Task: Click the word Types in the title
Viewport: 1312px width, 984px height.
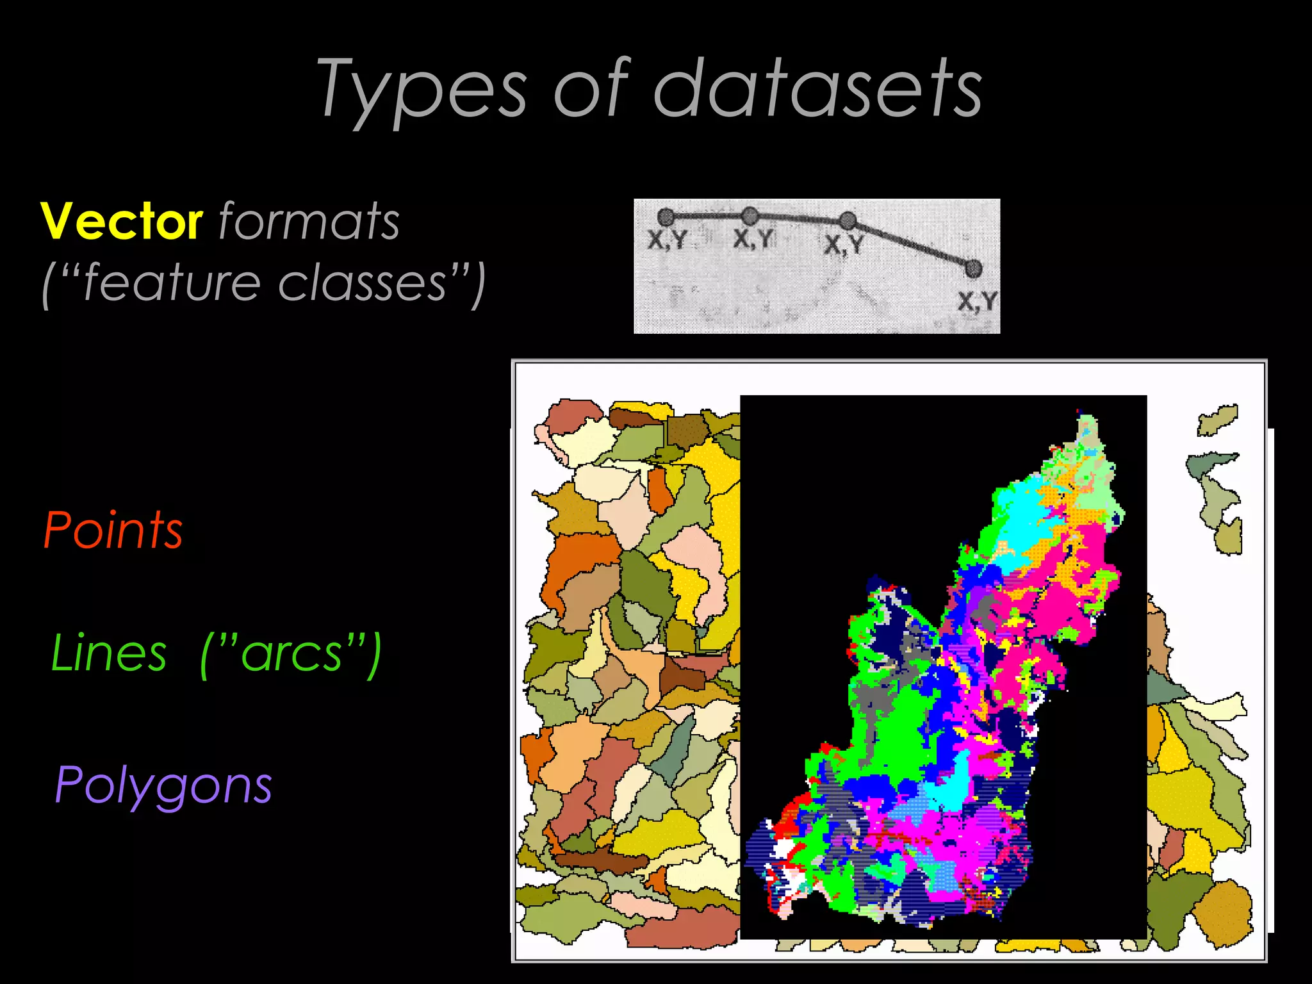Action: coord(423,90)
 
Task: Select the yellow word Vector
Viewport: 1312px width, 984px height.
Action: coord(122,221)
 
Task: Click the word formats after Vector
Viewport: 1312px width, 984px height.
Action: coord(309,221)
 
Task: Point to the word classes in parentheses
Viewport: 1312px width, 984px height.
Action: coord(362,283)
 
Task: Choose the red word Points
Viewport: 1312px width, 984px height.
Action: coord(113,530)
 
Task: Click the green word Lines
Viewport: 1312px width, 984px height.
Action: coord(109,653)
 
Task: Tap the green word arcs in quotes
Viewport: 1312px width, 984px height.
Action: coord(291,653)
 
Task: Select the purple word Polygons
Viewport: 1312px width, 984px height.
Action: coord(164,785)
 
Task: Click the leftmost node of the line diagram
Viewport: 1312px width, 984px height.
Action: coord(666,217)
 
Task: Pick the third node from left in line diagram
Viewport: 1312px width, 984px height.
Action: coord(848,221)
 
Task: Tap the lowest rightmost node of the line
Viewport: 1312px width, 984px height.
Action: coord(973,268)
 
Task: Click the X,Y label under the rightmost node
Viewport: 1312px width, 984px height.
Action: coord(978,301)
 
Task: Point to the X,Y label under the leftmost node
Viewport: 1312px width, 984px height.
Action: coord(667,240)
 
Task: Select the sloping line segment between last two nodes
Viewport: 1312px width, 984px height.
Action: coord(910,245)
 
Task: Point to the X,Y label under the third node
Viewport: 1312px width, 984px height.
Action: coord(844,245)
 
